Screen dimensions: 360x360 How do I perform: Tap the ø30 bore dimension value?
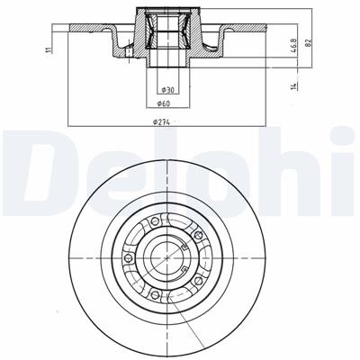tap(166, 90)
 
